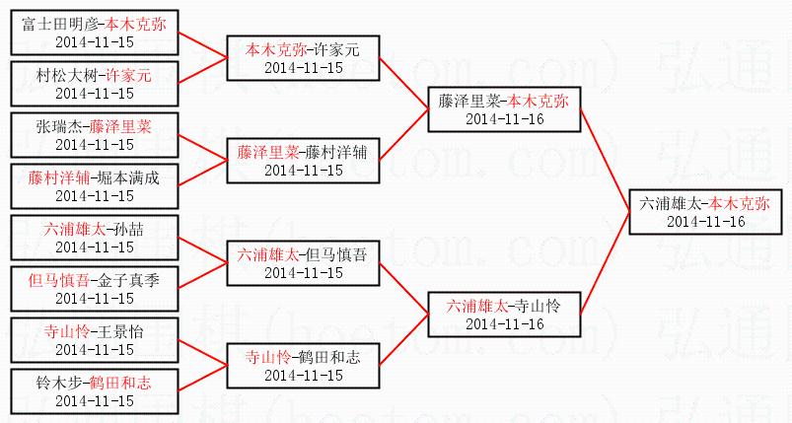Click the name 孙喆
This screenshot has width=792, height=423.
pyautogui.click(x=129, y=229)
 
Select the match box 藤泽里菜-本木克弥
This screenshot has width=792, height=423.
pyautogui.click(x=504, y=108)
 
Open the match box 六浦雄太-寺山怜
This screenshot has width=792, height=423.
pyautogui.click(x=504, y=315)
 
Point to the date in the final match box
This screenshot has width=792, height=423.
pyautogui.click(x=705, y=221)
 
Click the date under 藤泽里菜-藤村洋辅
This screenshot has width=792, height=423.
pyautogui.click(x=303, y=171)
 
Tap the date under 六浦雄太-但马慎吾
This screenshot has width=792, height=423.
pyautogui.click(x=303, y=273)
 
